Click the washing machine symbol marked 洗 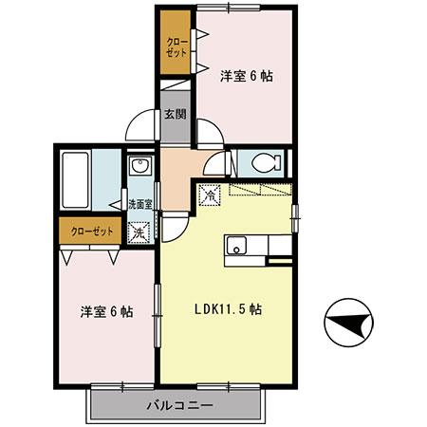tap(139, 230)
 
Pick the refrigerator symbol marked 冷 tap(211, 197)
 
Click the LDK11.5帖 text tap(228, 308)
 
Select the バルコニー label tap(177, 405)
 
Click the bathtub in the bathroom tap(77, 180)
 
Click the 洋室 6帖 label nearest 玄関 tap(247, 76)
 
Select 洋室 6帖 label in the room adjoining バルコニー tap(104, 311)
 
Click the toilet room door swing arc tap(216, 163)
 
